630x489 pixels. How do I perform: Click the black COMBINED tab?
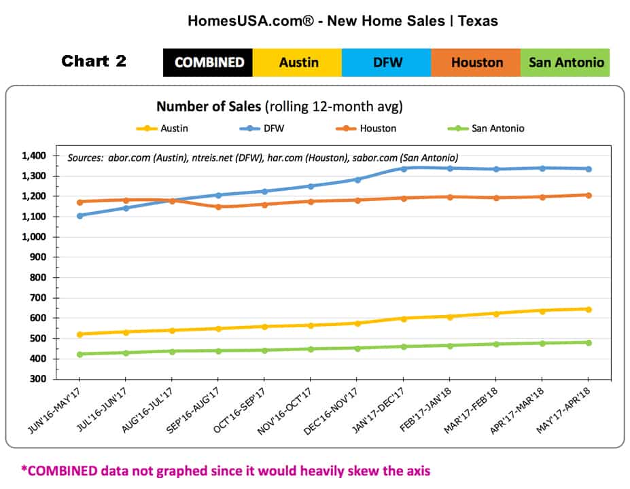208,62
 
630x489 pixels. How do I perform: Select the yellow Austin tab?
298,62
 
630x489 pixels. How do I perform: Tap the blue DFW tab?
387,62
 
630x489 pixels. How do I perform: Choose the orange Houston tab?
476,62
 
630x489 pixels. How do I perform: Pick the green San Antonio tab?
565,62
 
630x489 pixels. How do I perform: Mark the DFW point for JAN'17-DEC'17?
403,168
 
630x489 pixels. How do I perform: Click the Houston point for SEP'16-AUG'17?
218,206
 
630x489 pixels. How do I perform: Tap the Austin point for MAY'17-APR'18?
589,310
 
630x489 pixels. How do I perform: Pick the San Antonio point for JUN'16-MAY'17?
80,355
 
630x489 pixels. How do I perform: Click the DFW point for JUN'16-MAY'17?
80,216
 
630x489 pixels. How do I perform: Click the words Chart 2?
94,62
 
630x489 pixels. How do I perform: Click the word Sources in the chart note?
84,158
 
